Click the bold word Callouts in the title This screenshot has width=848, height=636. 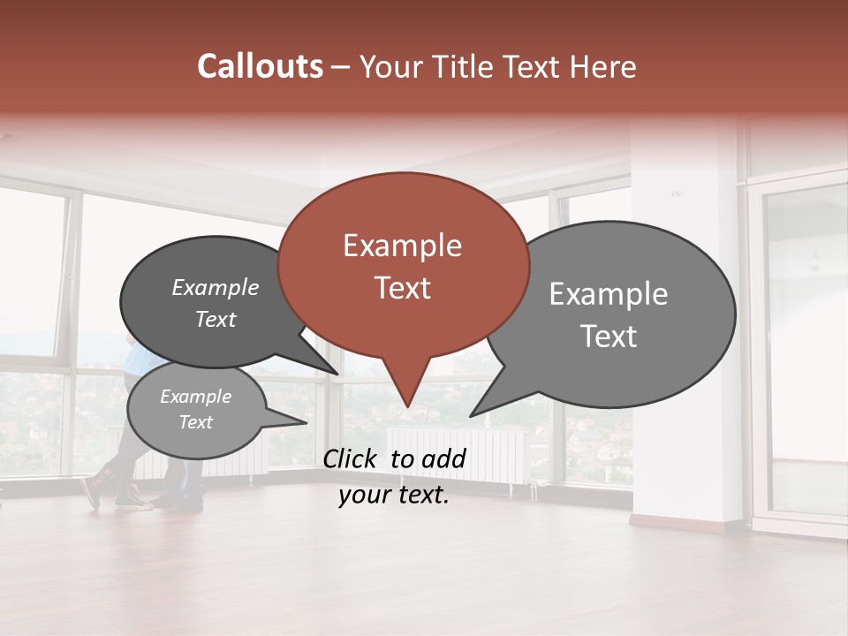tap(260, 66)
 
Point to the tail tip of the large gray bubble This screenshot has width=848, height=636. tap(473, 413)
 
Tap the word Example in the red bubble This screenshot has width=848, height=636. tap(402, 246)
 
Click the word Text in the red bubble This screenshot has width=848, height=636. tap(402, 288)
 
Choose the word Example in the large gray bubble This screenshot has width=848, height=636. tap(609, 294)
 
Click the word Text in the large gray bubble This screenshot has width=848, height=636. tap(609, 337)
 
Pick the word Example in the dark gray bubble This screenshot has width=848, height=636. tap(216, 287)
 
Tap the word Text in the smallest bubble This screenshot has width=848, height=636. tap(196, 422)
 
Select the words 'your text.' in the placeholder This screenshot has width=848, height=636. tap(394, 496)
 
